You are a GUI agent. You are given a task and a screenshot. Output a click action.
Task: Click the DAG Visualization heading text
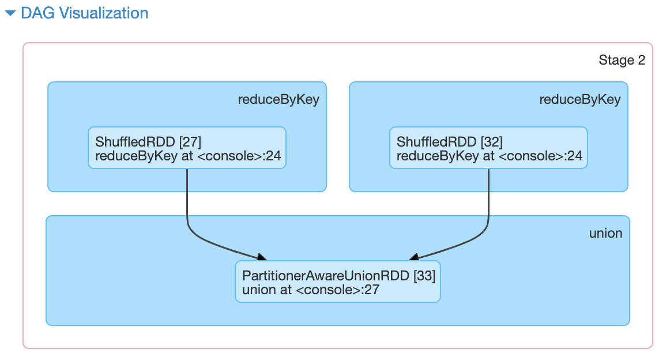pos(84,13)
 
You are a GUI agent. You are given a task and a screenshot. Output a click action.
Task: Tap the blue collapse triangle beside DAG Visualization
pos(10,14)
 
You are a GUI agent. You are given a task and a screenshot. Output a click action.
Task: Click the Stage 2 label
pos(622,60)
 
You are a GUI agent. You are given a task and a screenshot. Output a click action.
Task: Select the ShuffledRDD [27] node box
pos(187,148)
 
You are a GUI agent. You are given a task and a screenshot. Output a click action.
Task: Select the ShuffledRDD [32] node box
pos(488,148)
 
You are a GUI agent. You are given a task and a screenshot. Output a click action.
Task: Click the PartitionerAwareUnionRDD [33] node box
pos(337,282)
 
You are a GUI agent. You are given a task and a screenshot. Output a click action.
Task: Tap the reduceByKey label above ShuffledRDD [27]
pos(278,100)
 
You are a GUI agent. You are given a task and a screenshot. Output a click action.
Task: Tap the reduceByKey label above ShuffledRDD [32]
pos(579,100)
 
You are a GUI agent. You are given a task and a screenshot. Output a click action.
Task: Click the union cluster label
pos(605,233)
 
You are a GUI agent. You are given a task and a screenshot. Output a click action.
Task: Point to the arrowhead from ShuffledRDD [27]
pos(261,257)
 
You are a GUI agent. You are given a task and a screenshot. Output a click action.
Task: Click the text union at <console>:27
pos(310,289)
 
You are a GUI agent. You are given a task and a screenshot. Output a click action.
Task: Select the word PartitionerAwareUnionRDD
pos(326,275)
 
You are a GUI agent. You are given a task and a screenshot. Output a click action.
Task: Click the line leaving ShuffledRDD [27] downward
pos(187,196)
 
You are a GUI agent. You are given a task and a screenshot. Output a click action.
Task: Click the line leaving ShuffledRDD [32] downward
pos(488,196)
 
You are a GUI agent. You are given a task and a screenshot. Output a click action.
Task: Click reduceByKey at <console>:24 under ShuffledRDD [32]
pos(489,155)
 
